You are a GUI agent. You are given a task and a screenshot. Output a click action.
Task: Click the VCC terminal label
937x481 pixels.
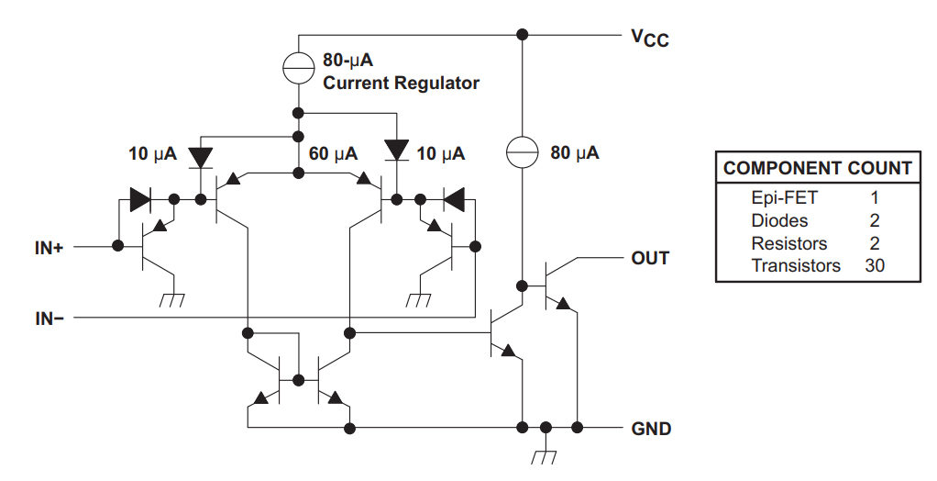click(649, 39)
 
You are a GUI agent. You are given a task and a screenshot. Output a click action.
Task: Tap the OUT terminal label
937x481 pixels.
click(650, 259)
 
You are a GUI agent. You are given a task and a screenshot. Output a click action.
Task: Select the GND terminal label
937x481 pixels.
click(651, 429)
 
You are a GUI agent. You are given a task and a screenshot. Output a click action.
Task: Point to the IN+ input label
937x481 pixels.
click(50, 247)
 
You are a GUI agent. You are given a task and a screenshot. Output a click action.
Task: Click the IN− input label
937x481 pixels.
click(50, 319)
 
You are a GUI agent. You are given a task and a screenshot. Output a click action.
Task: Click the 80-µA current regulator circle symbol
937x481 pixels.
click(298, 64)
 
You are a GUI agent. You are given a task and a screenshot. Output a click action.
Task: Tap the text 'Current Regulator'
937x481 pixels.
click(401, 84)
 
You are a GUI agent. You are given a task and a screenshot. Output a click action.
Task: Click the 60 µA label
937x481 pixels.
click(333, 154)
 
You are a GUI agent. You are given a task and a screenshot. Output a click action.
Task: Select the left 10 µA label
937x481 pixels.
click(152, 154)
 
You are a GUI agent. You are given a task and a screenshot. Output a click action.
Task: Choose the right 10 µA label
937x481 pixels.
click(440, 154)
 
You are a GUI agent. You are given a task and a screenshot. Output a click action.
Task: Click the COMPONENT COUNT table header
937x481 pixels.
click(817, 169)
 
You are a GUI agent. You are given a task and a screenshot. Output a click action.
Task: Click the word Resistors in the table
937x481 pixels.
click(788, 243)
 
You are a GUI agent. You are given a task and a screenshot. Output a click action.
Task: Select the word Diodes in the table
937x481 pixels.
click(779, 220)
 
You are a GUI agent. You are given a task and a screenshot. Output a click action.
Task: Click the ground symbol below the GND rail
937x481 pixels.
click(546, 455)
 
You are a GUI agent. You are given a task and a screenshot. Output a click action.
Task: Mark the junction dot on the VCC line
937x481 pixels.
click(522, 35)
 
